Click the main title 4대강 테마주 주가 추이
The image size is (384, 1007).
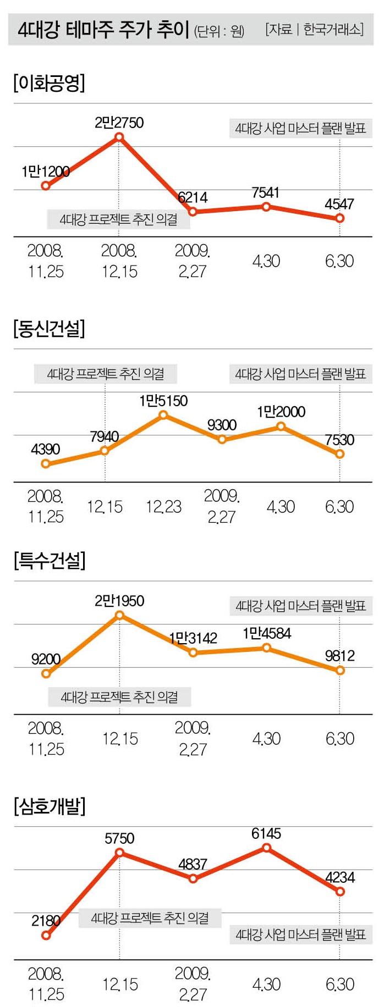(x=103, y=29)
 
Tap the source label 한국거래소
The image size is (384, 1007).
(x=333, y=29)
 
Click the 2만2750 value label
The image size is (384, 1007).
(x=119, y=123)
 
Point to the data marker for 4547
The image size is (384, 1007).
(x=340, y=218)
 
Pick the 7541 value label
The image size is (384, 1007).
(x=266, y=192)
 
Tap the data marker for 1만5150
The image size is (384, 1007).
(x=163, y=415)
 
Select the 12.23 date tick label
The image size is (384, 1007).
(x=163, y=507)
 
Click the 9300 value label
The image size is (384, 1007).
(x=222, y=425)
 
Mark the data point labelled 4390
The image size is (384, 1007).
(x=46, y=464)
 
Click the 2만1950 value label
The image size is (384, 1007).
(x=119, y=601)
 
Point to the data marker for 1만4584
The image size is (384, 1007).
(x=266, y=648)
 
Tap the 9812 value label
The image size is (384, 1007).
(x=340, y=656)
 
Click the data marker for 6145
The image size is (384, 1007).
(x=266, y=848)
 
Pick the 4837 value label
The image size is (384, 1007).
(x=193, y=864)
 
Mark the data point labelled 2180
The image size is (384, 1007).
(x=46, y=936)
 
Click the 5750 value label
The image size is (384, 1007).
(x=119, y=838)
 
